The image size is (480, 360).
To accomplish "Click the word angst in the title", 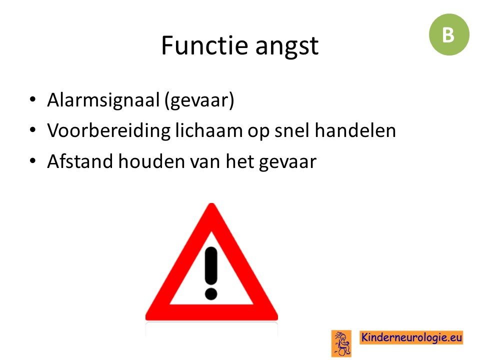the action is point(287,46).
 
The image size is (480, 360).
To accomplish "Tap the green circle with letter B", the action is point(449,34).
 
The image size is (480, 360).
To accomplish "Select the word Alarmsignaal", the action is point(103,100).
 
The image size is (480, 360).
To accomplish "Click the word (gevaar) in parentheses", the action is point(199,100).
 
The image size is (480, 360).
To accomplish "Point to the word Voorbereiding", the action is point(108,131).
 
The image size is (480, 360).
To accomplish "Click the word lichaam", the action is point(209,130).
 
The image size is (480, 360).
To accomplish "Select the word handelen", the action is point(355,130).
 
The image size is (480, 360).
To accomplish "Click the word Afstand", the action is point(80,161).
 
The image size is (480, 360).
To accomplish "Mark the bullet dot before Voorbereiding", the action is point(33,130).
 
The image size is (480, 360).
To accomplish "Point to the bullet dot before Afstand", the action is point(33,160).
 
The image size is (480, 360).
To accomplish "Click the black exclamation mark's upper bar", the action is point(211,265).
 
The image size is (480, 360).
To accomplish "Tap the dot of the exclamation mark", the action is point(211,293).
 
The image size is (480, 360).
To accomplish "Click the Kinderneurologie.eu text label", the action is point(411,337).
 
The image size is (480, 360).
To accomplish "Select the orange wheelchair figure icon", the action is point(341,343).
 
